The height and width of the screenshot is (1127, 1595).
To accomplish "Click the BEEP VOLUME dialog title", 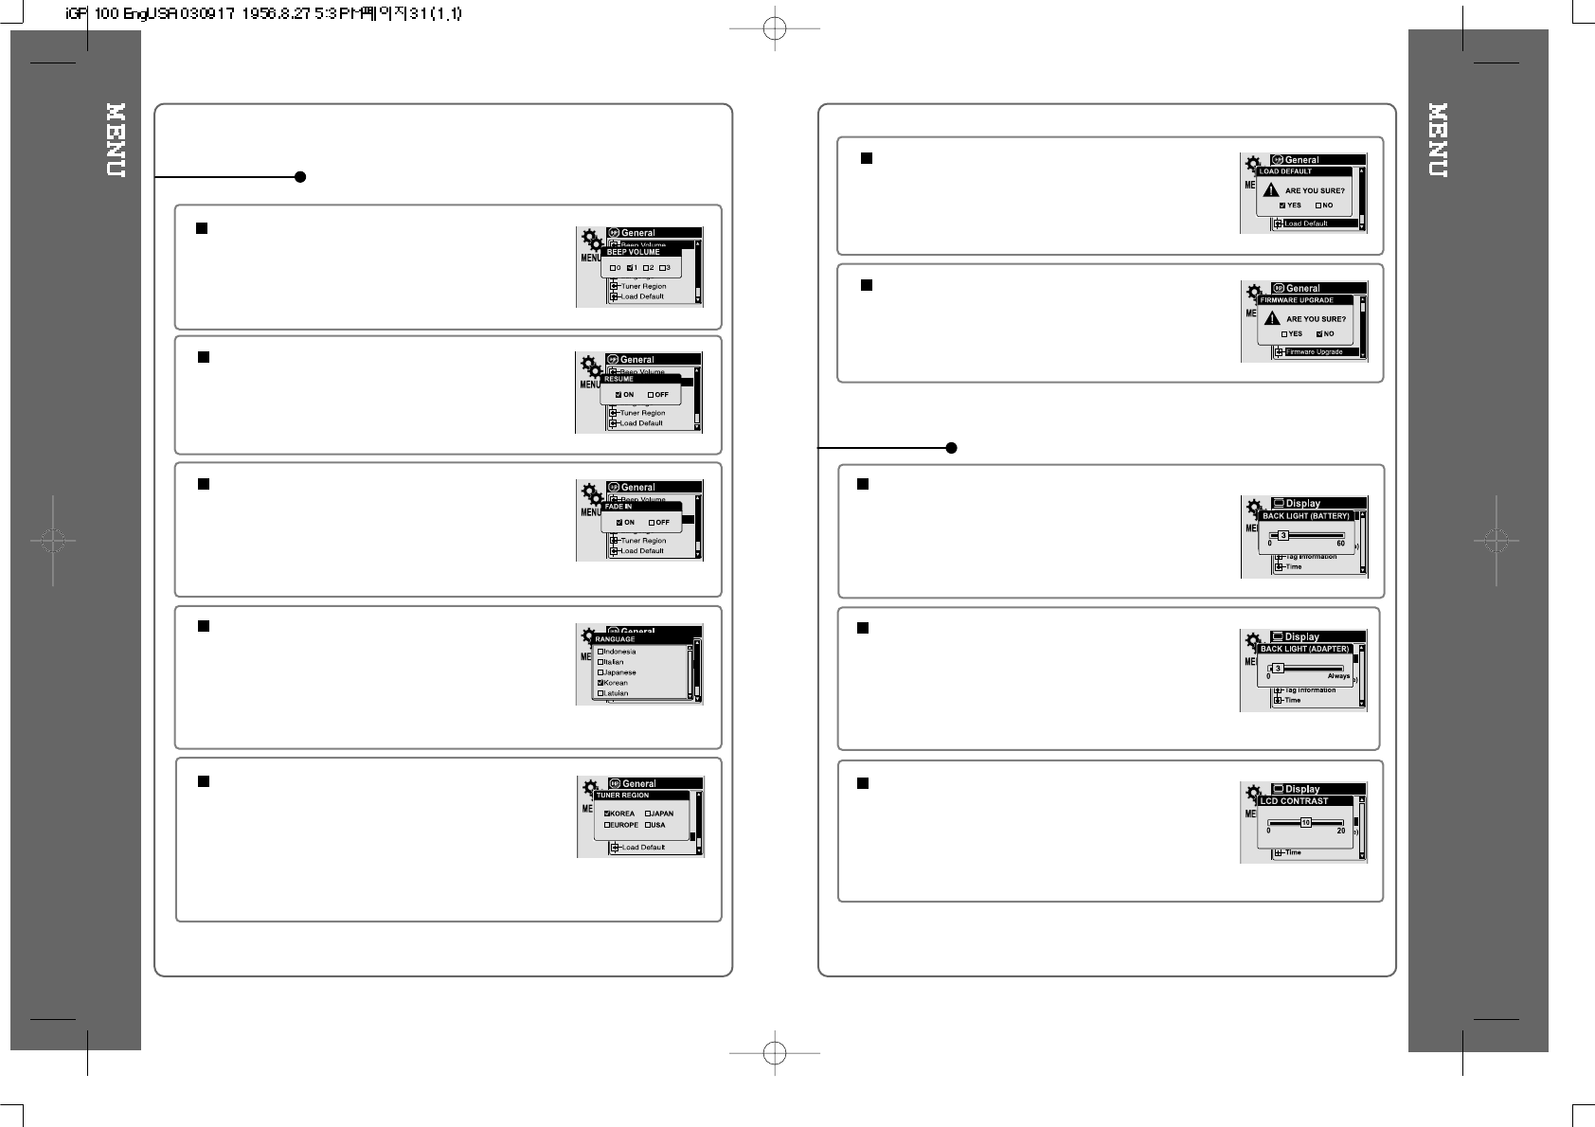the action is click(x=633, y=252).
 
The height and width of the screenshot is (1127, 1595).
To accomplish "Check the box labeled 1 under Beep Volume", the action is click(x=630, y=268).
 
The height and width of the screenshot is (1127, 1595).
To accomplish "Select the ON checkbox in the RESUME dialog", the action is click(x=618, y=394).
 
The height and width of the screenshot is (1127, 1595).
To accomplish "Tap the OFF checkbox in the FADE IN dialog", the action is click(x=652, y=522).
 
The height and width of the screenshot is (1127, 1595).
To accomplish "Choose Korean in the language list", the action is click(x=600, y=683).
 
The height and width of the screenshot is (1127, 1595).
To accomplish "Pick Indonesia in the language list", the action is click(x=600, y=652).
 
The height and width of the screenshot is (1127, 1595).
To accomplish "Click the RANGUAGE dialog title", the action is click(x=616, y=639).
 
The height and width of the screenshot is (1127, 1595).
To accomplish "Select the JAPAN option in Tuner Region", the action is click(x=649, y=814).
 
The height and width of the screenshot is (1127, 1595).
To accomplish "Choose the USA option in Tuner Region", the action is click(x=649, y=825).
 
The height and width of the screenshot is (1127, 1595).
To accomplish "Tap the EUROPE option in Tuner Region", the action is click(x=607, y=825).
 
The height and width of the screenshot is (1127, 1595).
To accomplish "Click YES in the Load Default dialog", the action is click(x=1282, y=206).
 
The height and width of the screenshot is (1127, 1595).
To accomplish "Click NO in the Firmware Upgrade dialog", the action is click(x=1319, y=333).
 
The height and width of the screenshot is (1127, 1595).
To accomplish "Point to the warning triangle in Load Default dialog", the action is click(x=1272, y=190).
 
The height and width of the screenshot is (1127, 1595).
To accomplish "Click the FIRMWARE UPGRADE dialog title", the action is click(x=1297, y=300).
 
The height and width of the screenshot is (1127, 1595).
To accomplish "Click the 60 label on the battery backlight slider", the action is click(x=1340, y=544).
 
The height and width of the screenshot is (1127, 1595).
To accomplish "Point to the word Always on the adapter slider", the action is click(x=1338, y=676).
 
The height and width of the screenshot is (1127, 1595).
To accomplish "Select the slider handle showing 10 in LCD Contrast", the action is click(x=1305, y=823).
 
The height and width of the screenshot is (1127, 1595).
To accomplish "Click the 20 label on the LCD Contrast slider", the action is click(x=1340, y=831).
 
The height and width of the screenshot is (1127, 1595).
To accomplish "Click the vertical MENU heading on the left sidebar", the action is click(x=116, y=140).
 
